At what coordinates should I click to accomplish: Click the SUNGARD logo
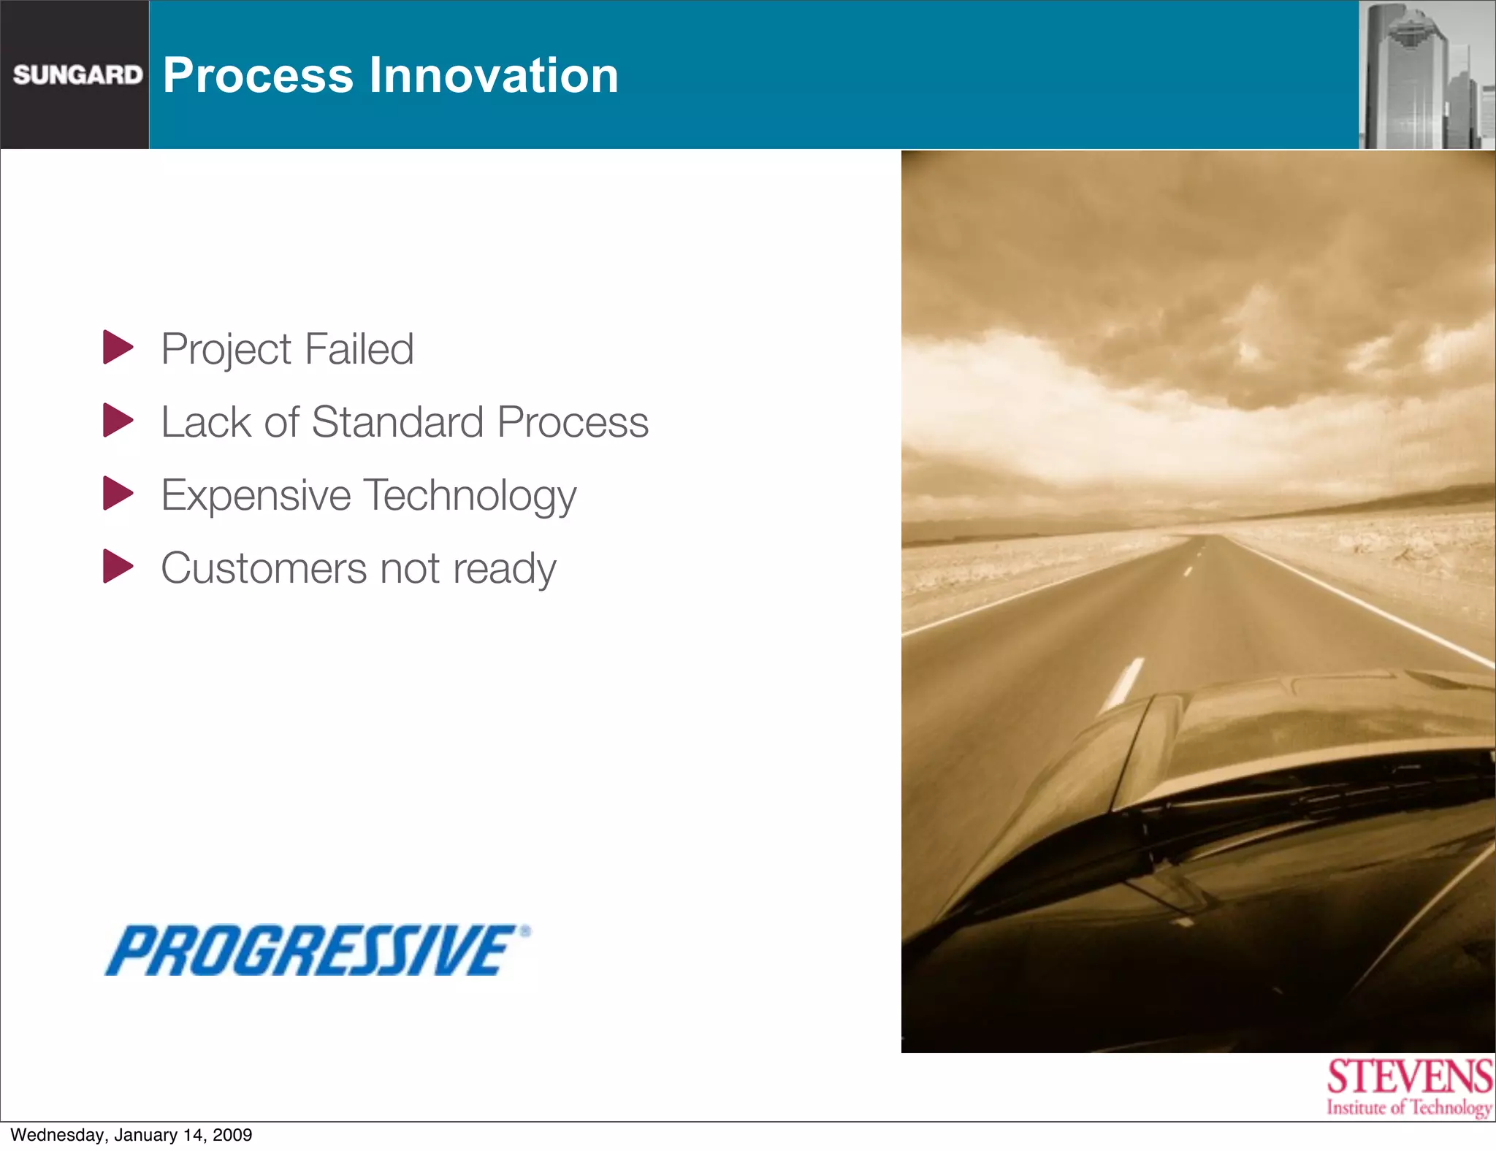tap(77, 74)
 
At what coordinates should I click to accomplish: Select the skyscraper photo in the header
tap(1427, 75)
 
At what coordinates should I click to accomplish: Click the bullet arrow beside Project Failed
tap(118, 348)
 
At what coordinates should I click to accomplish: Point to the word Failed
tap(359, 349)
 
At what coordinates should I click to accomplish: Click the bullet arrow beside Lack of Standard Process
tap(118, 421)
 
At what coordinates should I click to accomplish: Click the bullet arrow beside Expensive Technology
tap(118, 494)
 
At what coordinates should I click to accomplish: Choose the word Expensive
tap(256, 496)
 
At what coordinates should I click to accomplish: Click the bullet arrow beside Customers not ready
tap(118, 567)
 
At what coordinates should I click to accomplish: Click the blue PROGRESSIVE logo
tap(316, 950)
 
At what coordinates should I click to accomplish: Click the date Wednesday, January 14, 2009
tap(131, 1135)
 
